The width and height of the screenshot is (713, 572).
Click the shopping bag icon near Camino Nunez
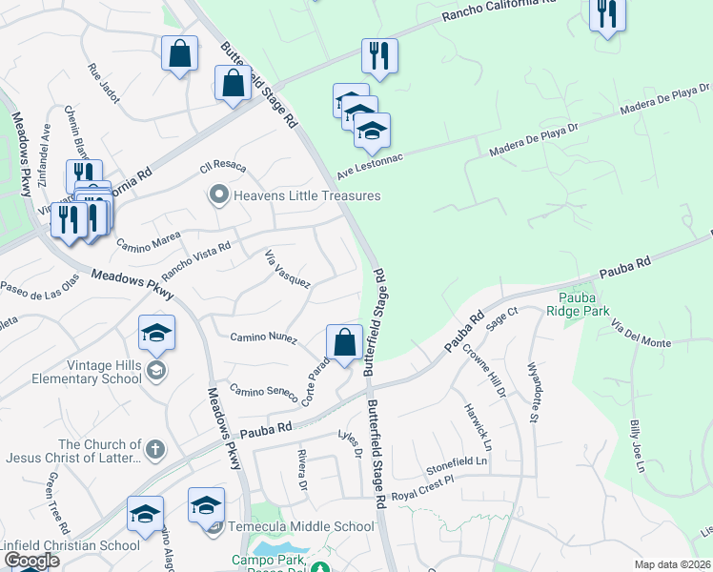click(x=344, y=341)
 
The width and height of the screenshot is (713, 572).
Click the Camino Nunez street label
click(x=264, y=337)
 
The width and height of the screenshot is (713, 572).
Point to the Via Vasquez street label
click(x=287, y=268)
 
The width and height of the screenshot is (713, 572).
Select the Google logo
click(x=31, y=561)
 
